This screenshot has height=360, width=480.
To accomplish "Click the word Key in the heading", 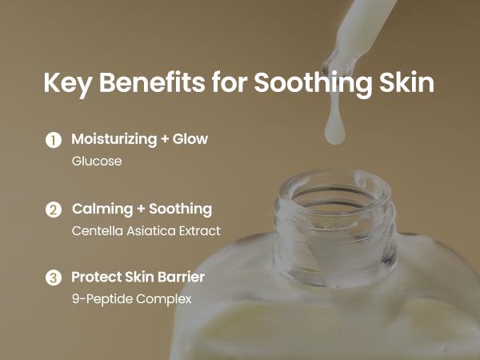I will click(x=66, y=84).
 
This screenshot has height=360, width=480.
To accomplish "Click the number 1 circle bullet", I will click(x=53, y=140).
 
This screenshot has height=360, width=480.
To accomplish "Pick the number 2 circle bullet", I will click(x=53, y=210).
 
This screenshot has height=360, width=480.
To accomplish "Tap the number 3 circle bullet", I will click(x=53, y=278).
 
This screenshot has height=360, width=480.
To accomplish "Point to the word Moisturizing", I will click(x=113, y=139).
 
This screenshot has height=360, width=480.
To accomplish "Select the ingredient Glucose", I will click(x=97, y=161).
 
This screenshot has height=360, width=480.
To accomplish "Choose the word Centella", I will click(x=96, y=230).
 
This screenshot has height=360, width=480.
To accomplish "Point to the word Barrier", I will click(x=181, y=277).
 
